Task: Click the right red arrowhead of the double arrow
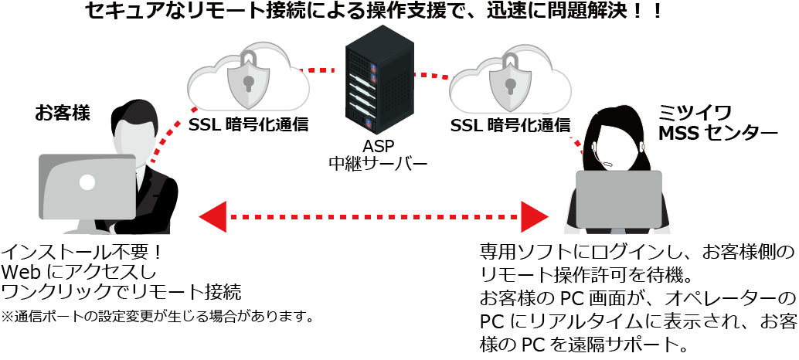(x=534, y=216)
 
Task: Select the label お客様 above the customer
(x=63, y=114)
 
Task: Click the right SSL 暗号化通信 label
(x=510, y=124)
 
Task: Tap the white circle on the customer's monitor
(x=87, y=182)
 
